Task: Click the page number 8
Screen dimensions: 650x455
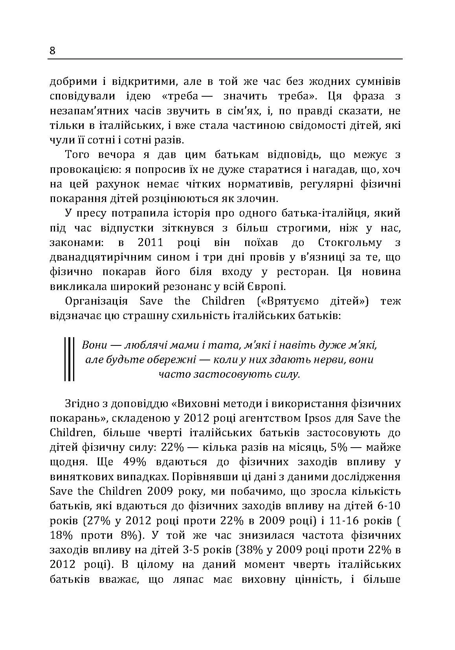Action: pos(53,51)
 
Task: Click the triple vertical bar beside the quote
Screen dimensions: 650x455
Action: pos(69,359)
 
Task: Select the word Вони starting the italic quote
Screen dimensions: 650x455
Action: pos(94,345)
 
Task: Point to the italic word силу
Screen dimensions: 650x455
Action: pos(287,374)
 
